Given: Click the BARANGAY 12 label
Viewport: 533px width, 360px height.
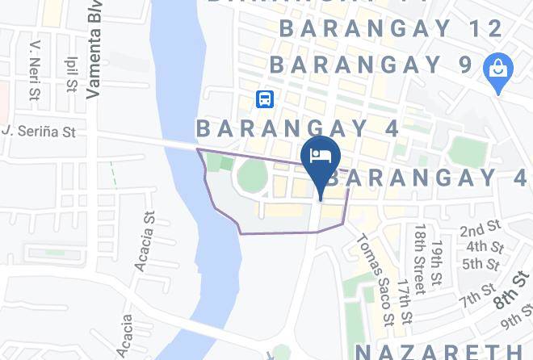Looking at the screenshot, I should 392,29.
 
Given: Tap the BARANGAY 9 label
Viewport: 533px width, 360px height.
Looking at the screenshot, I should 370,64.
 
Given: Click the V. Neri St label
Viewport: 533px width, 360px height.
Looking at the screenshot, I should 34,72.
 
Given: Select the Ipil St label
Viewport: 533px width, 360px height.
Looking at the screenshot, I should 71,73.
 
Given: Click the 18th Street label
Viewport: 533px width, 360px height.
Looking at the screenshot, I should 419,259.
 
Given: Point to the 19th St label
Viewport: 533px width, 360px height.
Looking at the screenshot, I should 437,262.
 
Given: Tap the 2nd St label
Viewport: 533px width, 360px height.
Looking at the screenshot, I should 481,230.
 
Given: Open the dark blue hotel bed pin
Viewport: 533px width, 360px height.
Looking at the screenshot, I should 321,157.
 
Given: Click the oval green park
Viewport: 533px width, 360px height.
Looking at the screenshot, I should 253,173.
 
